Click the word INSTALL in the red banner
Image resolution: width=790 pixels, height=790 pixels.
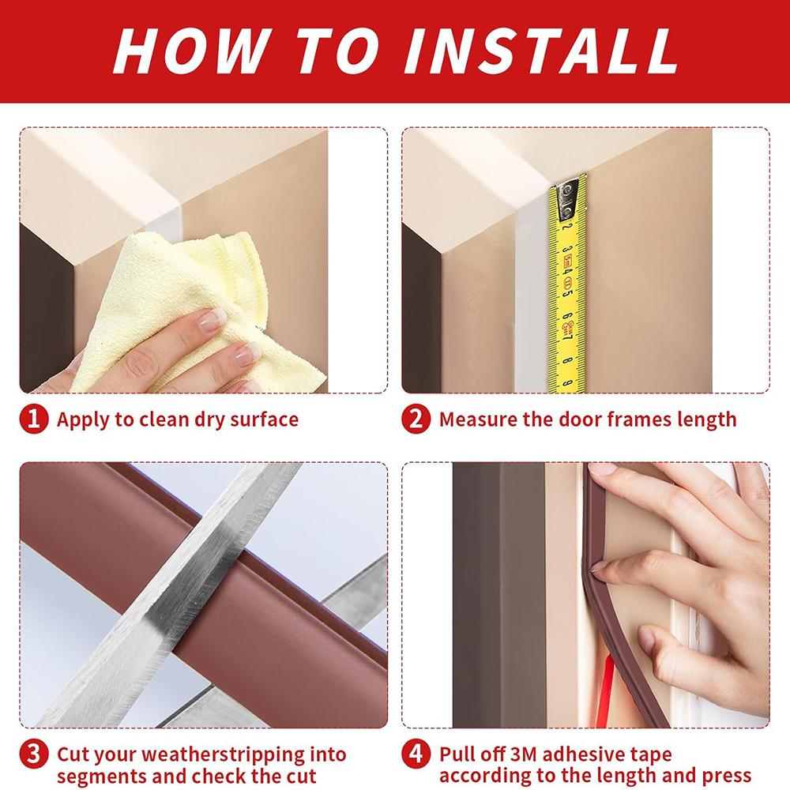click(541, 51)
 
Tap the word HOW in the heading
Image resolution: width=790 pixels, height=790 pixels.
click(189, 51)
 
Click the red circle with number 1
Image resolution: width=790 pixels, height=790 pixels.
click(34, 419)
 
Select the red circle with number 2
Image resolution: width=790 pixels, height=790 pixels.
click(416, 419)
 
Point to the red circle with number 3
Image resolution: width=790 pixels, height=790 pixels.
click(34, 754)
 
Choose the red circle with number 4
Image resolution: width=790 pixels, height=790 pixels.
click(416, 754)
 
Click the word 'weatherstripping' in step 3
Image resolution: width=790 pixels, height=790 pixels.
click(224, 755)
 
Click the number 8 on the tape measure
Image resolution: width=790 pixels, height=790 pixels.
click(567, 361)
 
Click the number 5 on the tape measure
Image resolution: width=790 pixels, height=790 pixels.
click(568, 292)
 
